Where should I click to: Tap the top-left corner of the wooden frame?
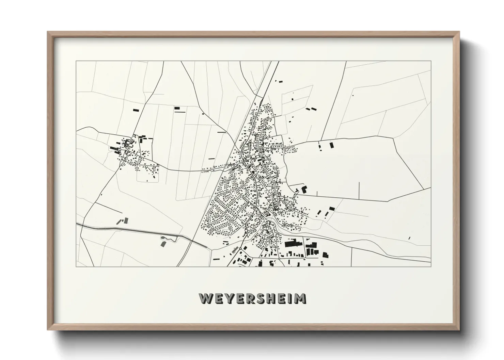pos(48,32)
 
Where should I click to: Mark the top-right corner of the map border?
pos(431,61)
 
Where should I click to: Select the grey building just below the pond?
pos(163,244)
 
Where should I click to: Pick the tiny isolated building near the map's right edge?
pos(409,238)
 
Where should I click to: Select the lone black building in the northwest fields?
pos(136,110)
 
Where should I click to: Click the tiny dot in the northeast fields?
pos(353,96)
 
